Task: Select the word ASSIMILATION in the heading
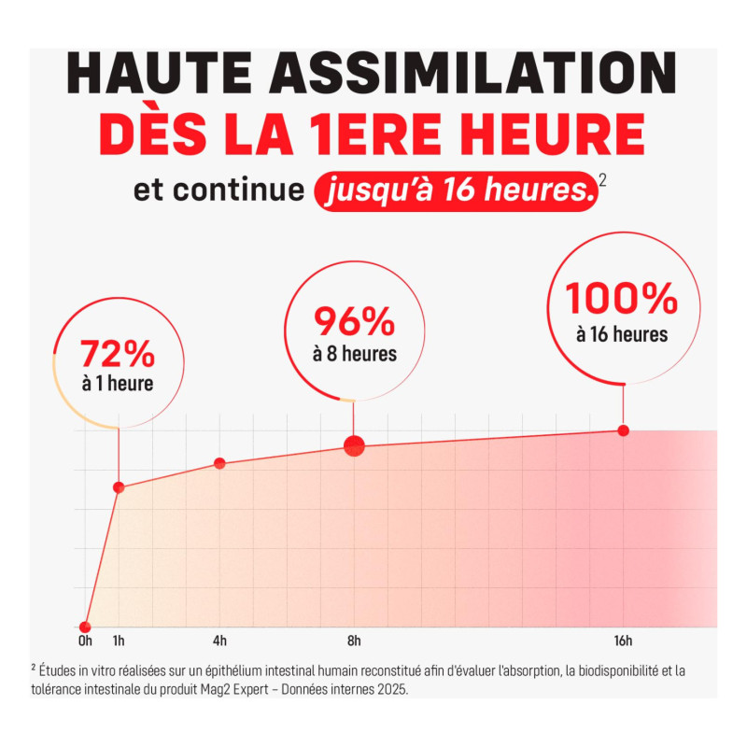[473, 73]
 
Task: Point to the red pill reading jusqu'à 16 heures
[457, 190]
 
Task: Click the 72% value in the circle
[118, 354]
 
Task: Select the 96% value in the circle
[354, 321]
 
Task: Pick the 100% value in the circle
[622, 298]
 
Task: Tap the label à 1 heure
[118, 384]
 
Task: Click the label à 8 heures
[355, 354]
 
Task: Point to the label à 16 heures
[622, 334]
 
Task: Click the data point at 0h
[85, 627]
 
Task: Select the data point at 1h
[119, 487]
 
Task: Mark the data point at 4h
[219, 463]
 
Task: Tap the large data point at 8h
[354, 446]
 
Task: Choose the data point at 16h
[623, 430]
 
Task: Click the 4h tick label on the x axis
[219, 641]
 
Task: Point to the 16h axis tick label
[623, 641]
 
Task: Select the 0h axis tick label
[85, 641]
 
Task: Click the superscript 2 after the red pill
[602, 180]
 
